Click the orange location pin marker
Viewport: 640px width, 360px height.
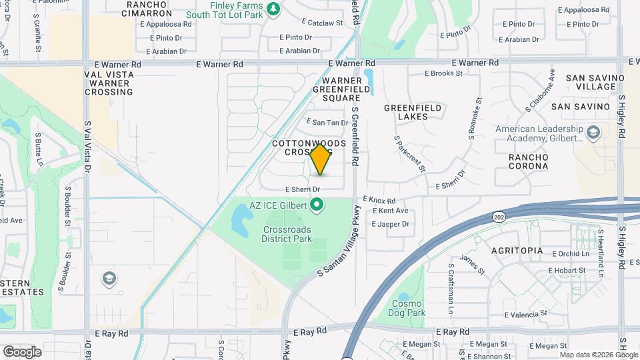[x=321, y=159]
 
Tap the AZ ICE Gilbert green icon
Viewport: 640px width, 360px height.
[x=317, y=205]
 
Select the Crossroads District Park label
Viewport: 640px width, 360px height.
[x=287, y=233]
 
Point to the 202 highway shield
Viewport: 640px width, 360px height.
[x=499, y=217]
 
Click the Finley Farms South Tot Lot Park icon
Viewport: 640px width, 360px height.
[x=272, y=9]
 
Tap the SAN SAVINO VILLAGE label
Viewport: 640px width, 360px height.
[x=595, y=82]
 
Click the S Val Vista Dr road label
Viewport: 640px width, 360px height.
[x=87, y=147]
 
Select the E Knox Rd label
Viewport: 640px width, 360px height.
[x=379, y=200]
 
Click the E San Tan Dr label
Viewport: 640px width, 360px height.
[x=327, y=123]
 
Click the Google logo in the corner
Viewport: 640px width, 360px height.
[x=22, y=351]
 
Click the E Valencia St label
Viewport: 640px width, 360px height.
[x=525, y=313]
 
